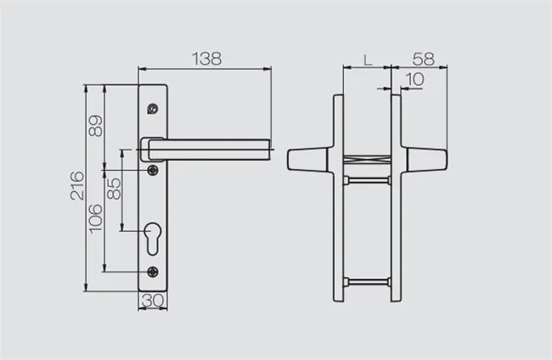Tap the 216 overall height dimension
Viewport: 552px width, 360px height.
(76, 188)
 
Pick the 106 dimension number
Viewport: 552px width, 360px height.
(96, 221)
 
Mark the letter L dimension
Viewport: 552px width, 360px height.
(366, 59)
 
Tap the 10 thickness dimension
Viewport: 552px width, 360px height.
(415, 79)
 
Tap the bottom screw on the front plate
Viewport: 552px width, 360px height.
(152, 272)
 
